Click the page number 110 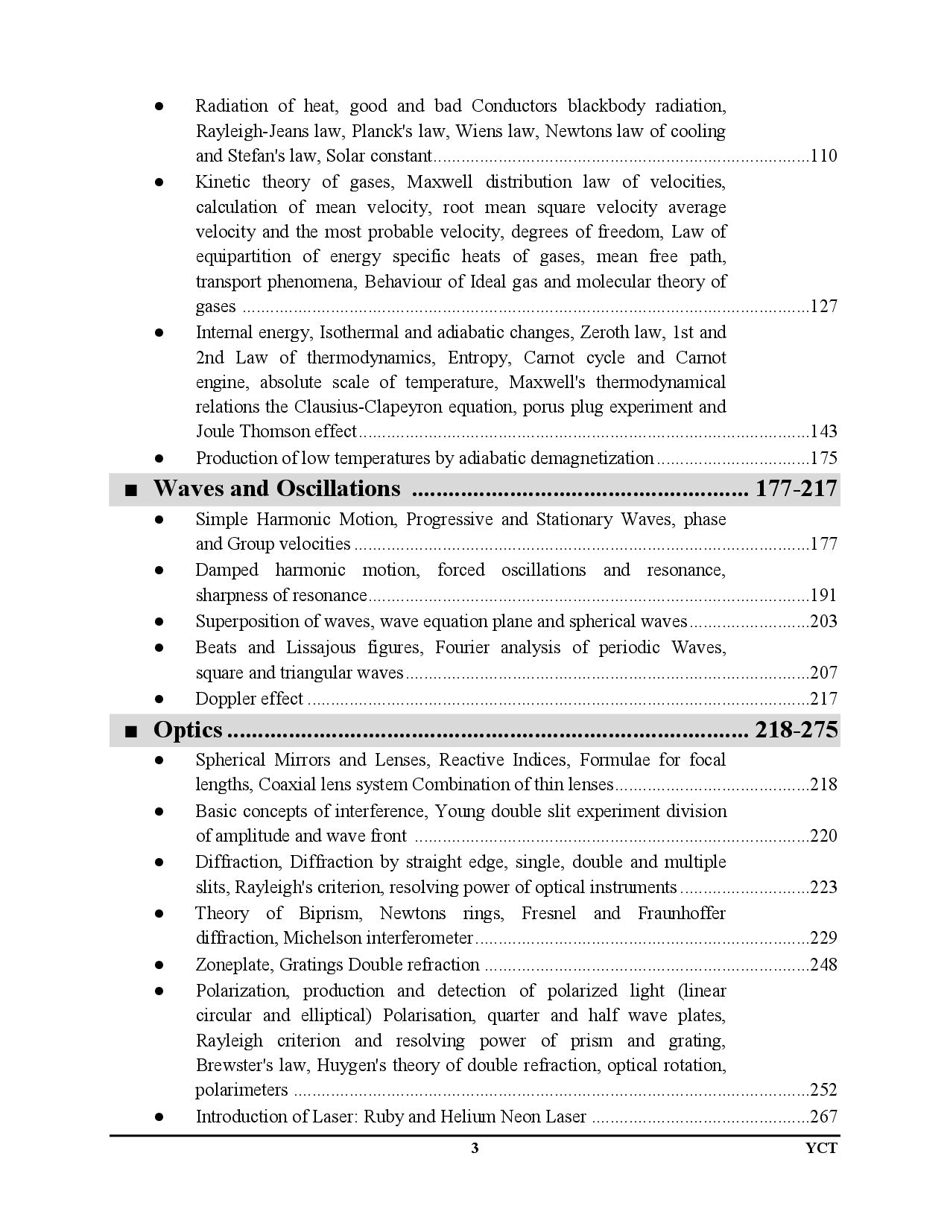(823, 156)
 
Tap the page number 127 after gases (823, 307)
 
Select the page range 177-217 (797, 489)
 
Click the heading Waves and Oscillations (276, 489)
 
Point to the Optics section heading (188, 729)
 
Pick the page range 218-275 (797, 729)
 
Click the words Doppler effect (249, 699)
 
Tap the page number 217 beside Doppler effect (823, 699)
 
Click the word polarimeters (241, 1090)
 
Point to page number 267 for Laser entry (823, 1117)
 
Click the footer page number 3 (475, 1148)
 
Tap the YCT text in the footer (822, 1148)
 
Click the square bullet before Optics (131, 731)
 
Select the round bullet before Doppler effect (159, 699)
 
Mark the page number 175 (823, 458)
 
